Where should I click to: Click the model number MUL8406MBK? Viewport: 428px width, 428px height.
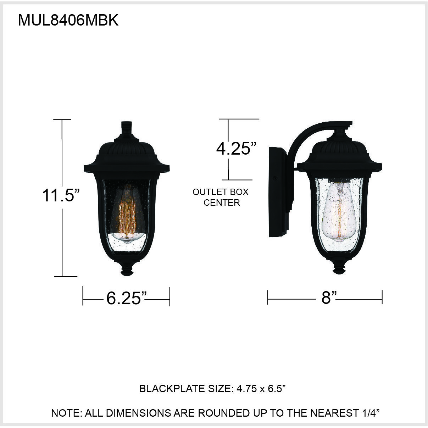[68, 21]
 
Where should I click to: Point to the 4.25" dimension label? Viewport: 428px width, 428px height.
[236, 149]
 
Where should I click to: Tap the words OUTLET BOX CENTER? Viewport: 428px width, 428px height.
[221, 197]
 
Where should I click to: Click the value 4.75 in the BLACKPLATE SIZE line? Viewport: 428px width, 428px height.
[246, 389]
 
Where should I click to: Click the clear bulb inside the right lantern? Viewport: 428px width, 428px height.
[339, 213]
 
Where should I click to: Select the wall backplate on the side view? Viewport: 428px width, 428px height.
[277, 191]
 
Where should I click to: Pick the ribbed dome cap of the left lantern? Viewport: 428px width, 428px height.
[127, 149]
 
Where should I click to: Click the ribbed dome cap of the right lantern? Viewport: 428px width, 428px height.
[339, 149]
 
